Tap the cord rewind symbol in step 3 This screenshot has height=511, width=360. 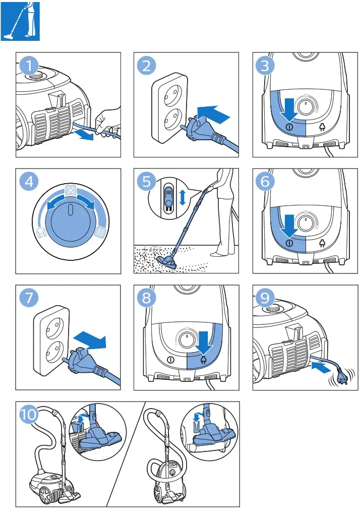click(322, 127)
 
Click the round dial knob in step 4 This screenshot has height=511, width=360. click(71, 221)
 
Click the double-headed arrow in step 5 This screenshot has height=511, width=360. click(183, 197)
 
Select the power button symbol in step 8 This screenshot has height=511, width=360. click(170, 361)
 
